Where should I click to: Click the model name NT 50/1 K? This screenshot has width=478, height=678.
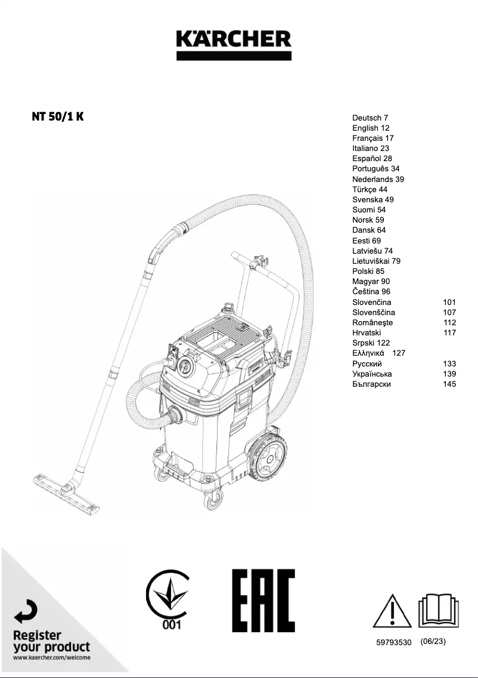pyautogui.click(x=58, y=116)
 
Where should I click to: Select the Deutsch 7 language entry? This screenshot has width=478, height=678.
pyautogui.click(x=370, y=118)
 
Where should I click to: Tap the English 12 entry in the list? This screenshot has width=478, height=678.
pyautogui.click(x=371, y=128)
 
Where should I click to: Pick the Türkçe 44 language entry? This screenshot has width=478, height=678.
pyautogui.click(x=370, y=189)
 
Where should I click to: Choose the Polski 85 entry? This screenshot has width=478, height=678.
pyautogui.click(x=368, y=271)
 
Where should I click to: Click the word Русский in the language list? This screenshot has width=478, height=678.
pyautogui.click(x=367, y=363)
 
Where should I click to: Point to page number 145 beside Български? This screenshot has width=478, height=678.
pyautogui.click(x=449, y=384)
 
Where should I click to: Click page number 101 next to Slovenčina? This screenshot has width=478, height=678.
pyautogui.click(x=449, y=302)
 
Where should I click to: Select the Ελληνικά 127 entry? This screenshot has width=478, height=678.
pyautogui.click(x=378, y=353)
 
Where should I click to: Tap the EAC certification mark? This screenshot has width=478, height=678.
pyautogui.click(x=263, y=600)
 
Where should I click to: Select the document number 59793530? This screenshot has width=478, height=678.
pyautogui.click(x=394, y=642)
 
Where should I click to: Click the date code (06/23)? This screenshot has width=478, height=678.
pyautogui.click(x=433, y=642)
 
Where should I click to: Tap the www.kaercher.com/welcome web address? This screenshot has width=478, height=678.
pyautogui.click(x=52, y=658)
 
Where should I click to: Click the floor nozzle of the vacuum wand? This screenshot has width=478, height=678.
pyautogui.click(x=66, y=489)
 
